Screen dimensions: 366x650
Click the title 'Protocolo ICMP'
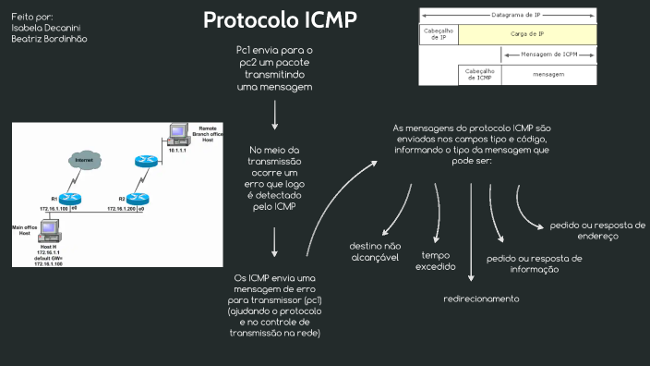pyautogui.click(x=280, y=20)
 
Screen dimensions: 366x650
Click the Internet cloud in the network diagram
pyautogui.click(x=85, y=161)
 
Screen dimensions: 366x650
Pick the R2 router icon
pyautogui.click(x=139, y=198)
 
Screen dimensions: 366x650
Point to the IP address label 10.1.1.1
pyautogui.click(x=177, y=150)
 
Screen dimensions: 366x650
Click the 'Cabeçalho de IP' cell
pyautogui.click(x=439, y=34)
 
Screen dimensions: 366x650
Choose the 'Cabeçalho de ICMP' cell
pyautogui.click(x=479, y=74)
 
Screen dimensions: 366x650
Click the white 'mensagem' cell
pyautogui.click(x=548, y=74)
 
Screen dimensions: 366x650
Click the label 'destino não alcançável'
pyautogui.click(x=374, y=252)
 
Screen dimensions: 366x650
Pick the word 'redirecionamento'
pyautogui.click(x=481, y=299)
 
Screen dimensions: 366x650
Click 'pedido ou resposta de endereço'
pyautogui.click(x=596, y=230)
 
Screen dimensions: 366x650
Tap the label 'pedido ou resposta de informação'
pyautogui.click(x=535, y=263)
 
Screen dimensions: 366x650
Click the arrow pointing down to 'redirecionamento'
pyautogui.click(x=472, y=231)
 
